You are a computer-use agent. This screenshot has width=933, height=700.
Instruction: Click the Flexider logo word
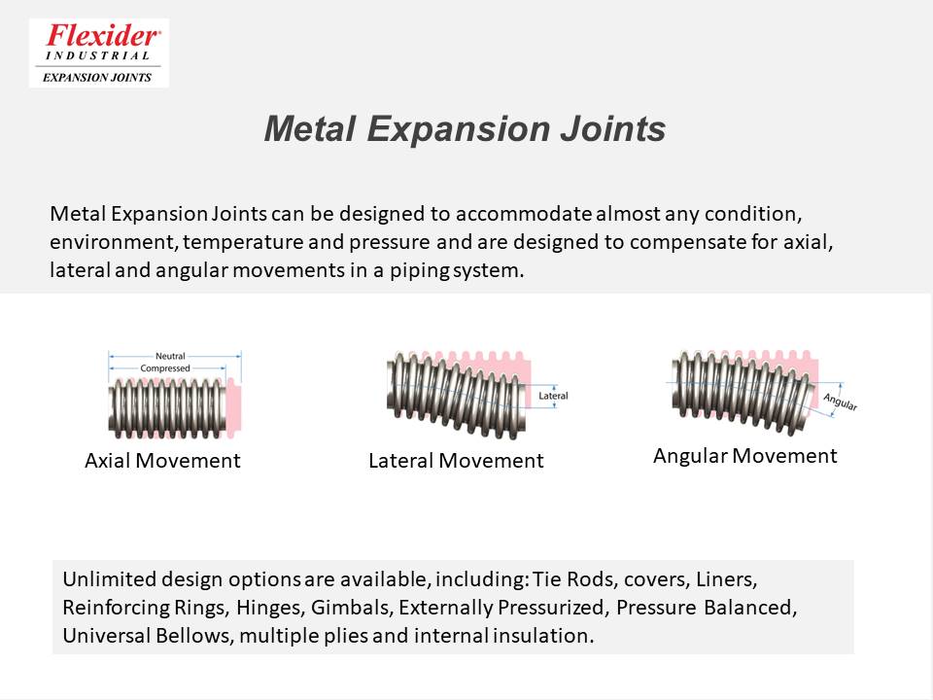pyautogui.click(x=102, y=36)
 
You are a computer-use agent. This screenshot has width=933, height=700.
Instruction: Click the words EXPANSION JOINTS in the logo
pyautogui.click(x=97, y=78)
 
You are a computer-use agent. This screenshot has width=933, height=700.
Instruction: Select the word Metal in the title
pyautogui.click(x=309, y=128)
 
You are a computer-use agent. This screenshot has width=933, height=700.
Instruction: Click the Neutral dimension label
pyautogui.click(x=170, y=356)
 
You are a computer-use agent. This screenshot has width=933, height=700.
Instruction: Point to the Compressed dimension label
pyautogui.click(x=165, y=368)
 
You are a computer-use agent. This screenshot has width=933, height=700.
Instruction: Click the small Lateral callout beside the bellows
pyautogui.click(x=553, y=396)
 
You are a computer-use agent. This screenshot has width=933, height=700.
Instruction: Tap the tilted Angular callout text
pyautogui.click(x=840, y=402)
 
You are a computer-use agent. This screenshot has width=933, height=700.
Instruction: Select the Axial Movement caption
pyautogui.click(x=162, y=461)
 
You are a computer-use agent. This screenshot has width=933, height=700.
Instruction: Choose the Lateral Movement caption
pyautogui.click(x=456, y=461)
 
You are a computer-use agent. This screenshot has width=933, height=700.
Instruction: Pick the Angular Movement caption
pyautogui.click(x=745, y=456)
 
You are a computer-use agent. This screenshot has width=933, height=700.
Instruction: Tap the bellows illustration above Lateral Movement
pyautogui.click(x=457, y=396)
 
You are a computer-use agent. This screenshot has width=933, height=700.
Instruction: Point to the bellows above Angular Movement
pyautogui.click(x=743, y=391)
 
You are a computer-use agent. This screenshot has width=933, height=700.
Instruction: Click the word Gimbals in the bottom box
pyautogui.click(x=351, y=608)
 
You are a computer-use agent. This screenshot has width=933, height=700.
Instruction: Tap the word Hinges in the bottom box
pyautogui.click(x=271, y=608)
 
